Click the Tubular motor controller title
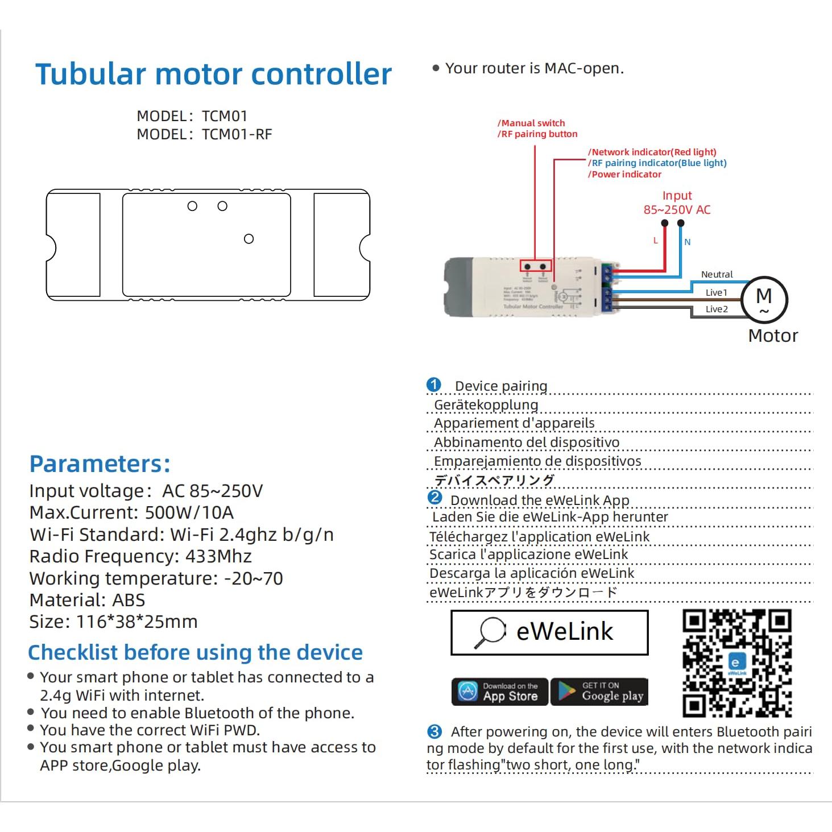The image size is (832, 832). [213, 74]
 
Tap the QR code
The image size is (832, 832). [736, 663]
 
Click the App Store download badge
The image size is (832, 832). [499, 692]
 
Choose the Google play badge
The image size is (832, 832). [599, 692]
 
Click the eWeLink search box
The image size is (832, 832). [549, 632]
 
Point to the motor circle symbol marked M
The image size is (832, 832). [764, 299]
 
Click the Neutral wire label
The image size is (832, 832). [717, 274]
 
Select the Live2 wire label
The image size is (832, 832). [716, 309]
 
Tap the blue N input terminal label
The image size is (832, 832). [687, 242]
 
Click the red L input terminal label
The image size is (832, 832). [655, 241]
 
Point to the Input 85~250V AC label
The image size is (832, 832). [677, 203]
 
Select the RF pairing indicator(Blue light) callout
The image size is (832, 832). [659, 163]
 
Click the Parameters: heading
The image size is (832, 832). [100, 464]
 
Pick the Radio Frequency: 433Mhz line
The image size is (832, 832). [140, 556]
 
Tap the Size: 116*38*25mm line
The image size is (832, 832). [113, 622]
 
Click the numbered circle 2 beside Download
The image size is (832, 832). [434, 498]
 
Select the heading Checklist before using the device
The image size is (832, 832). [195, 652]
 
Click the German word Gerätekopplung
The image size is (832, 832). [486, 405]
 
